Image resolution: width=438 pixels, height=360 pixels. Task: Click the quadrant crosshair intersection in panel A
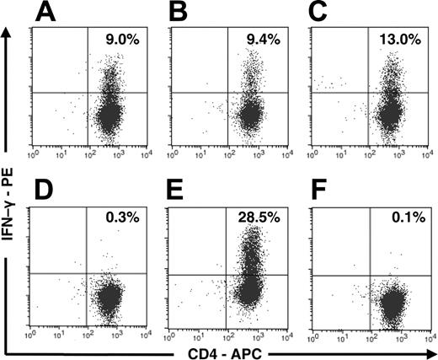[x=88, y=93]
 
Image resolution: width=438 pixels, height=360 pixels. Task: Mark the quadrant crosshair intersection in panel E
[x=227, y=274]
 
